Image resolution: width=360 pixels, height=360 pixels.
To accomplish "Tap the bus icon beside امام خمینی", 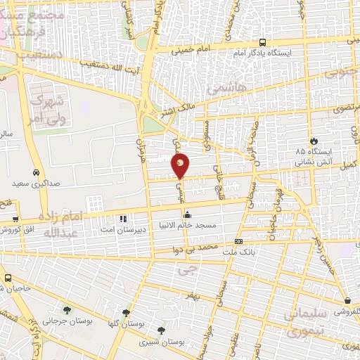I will tap(262, 42).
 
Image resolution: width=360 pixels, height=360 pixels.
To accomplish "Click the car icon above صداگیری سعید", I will tap(35, 172).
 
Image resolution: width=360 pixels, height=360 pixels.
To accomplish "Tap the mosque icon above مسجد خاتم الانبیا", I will tap(187, 215).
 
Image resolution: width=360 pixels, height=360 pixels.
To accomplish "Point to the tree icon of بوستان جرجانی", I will tap(67, 310).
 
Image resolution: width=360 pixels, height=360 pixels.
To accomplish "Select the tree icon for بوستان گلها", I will tap(126, 314).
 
